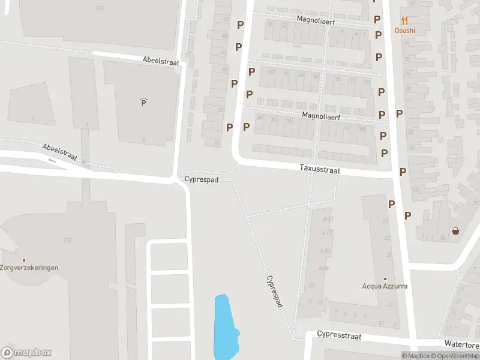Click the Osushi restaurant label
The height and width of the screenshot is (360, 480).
[404, 31]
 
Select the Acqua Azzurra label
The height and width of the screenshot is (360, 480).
[385, 286]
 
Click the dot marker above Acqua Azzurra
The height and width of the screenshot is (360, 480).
[385, 278]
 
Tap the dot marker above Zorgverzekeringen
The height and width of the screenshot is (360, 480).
[24, 260]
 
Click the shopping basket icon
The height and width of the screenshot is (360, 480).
[455, 230]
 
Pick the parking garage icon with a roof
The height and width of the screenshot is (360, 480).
[143, 102]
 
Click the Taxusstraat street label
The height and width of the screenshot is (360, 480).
[320, 170]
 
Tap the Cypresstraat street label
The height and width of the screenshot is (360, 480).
[339, 335]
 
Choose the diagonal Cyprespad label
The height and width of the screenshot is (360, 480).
[274, 292]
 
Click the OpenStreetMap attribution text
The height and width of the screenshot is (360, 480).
[455, 356]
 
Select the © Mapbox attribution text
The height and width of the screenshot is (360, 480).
[416, 356]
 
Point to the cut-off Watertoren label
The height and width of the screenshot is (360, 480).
[461, 344]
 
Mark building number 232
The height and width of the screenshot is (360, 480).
[100, 8]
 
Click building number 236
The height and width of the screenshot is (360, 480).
[67, 240]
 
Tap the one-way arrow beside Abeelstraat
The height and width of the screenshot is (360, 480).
[52, 160]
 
